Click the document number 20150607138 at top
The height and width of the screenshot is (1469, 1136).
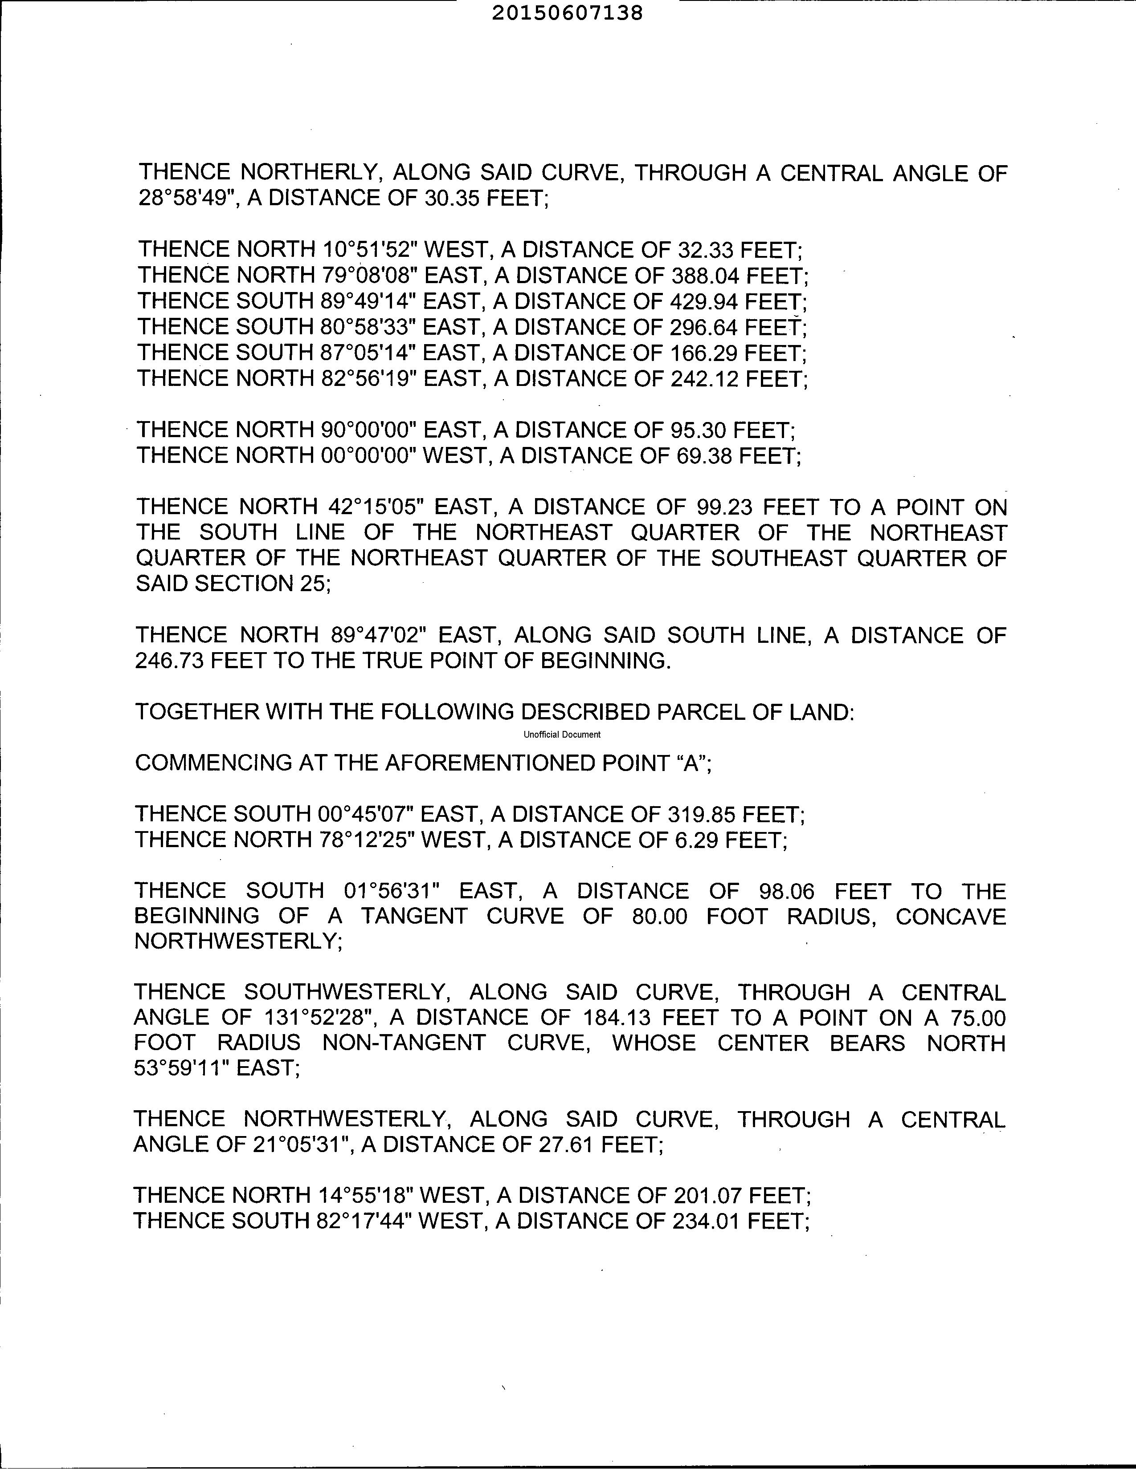tap(567, 13)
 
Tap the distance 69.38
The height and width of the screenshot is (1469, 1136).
tap(701, 455)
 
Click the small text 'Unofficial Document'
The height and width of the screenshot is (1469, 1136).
tap(562, 734)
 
